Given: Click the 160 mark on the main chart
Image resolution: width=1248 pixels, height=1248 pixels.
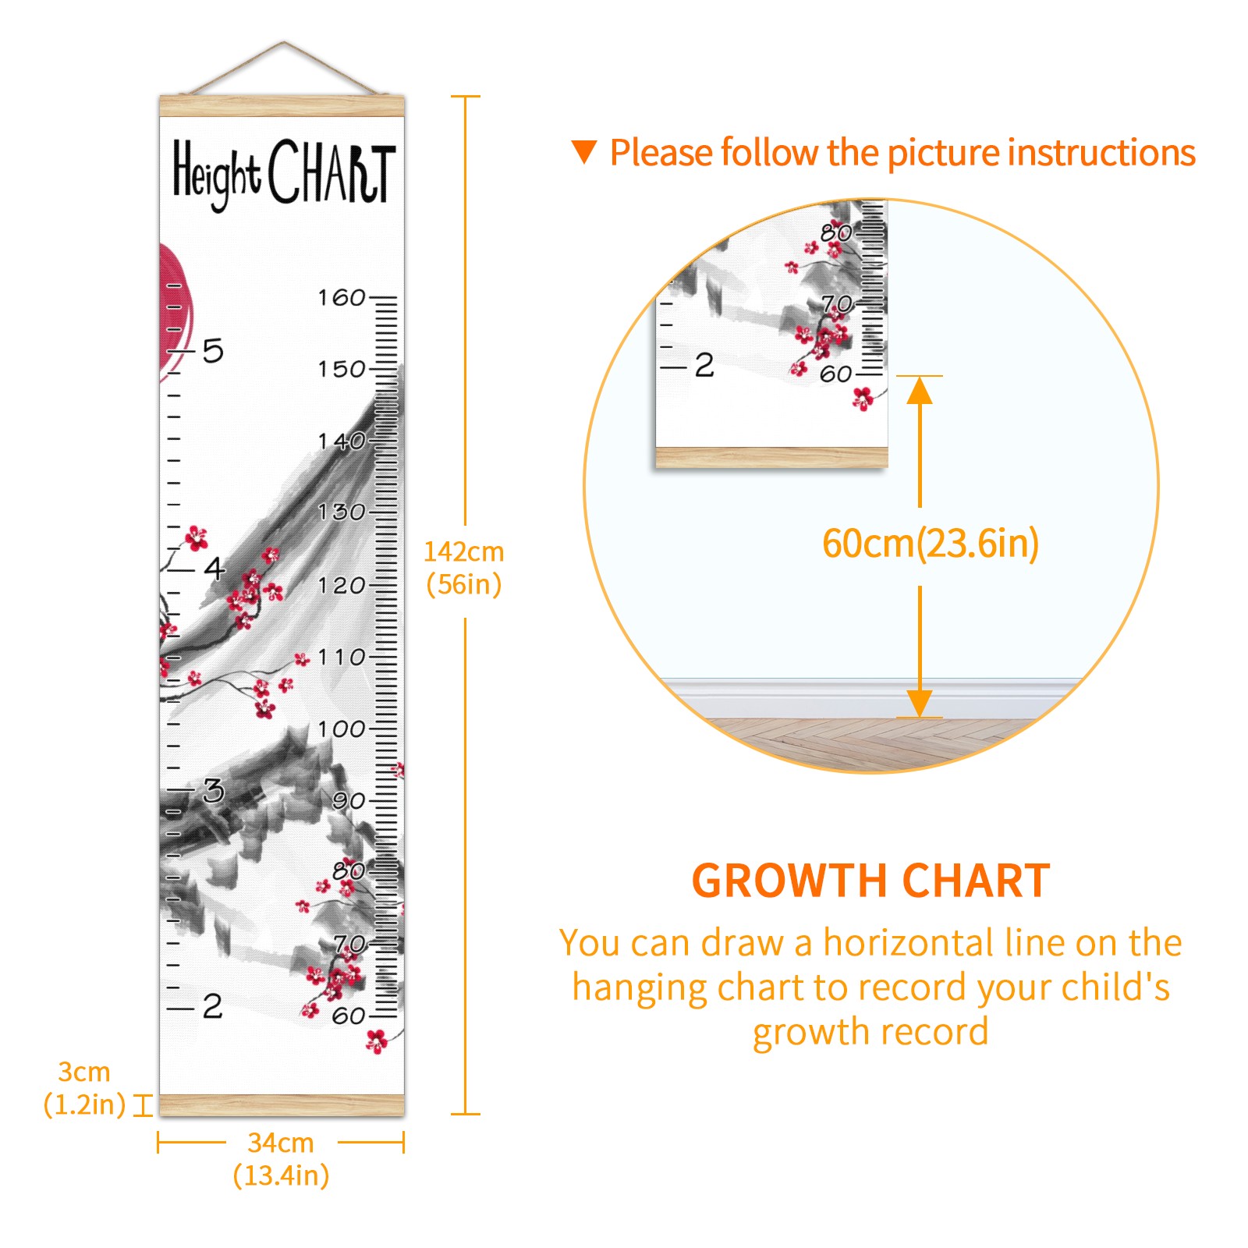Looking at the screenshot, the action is pyautogui.click(x=342, y=297).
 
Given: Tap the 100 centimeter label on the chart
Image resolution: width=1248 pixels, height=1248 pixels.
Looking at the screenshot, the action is pyautogui.click(x=342, y=729).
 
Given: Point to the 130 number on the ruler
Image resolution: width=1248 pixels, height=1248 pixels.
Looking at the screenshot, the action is pyautogui.click(x=342, y=512).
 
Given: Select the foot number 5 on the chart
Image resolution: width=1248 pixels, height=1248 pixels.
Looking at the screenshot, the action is pyautogui.click(x=213, y=351).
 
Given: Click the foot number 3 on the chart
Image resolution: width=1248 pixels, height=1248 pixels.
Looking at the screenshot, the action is pyautogui.click(x=214, y=791).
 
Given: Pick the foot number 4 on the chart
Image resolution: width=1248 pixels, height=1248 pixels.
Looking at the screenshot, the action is pyautogui.click(x=214, y=568).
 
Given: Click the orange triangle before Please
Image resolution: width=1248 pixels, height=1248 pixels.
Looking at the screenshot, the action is pyautogui.click(x=583, y=152).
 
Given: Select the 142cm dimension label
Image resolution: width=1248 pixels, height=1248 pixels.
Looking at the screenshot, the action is pyautogui.click(x=464, y=551).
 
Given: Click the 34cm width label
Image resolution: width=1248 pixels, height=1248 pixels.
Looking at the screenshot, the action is pyautogui.click(x=281, y=1143).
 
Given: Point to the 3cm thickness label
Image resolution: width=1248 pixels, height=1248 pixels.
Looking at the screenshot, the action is pyautogui.click(x=84, y=1072).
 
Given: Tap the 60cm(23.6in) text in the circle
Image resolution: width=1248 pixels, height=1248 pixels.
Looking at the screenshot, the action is pyautogui.click(x=931, y=544).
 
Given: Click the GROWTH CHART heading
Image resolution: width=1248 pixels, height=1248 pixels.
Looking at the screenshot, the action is pyautogui.click(x=870, y=881).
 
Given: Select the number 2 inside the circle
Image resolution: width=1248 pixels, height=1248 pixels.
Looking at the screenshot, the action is pyautogui.click(x=704, y=365).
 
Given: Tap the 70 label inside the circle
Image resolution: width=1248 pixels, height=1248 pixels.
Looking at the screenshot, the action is pyautogui.click(x=837, y=303).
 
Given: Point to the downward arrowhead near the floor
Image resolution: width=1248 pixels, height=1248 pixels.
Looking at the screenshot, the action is pyautogui.click(x=920, y=704).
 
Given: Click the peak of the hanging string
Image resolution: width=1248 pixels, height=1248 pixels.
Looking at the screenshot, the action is pyautogui.click(x=284, y=42).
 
